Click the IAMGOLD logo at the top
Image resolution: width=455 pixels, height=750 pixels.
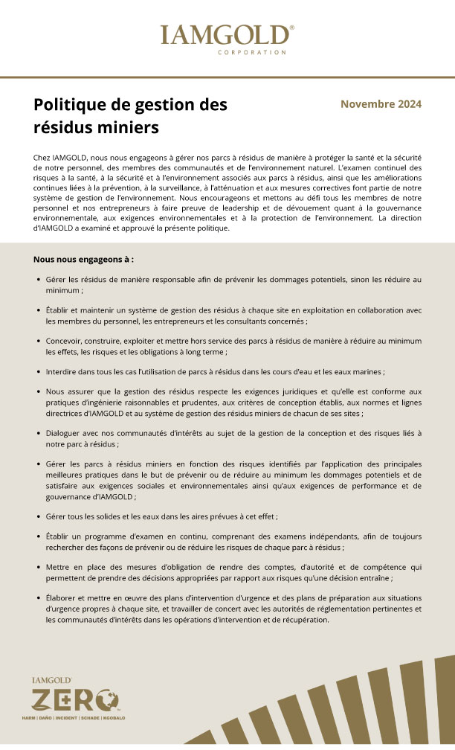pyautogui.click(x=227, y=35)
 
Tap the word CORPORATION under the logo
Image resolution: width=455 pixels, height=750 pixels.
pyautogui.click(x=252, y=53)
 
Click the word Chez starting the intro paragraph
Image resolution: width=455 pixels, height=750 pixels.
pyautogui.click(x=43, y=159)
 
